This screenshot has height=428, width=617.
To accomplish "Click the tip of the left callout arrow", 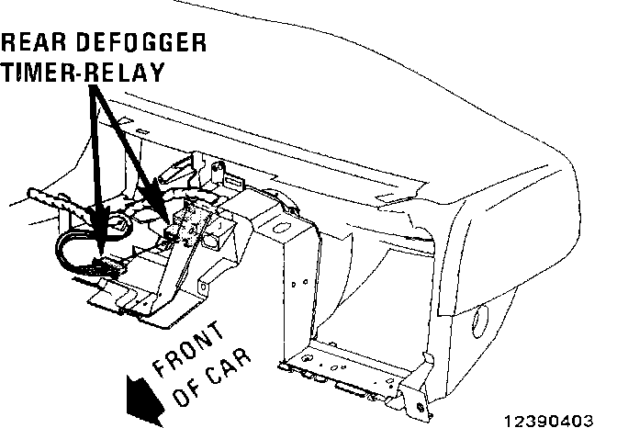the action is [x=99, y=230].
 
